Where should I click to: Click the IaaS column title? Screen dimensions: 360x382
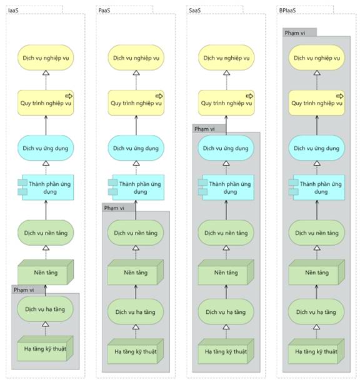click(x=13, y=11)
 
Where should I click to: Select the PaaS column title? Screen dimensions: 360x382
click(x=104, y=11)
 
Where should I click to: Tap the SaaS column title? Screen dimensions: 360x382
click(x=194, y=11)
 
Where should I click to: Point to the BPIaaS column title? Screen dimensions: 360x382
click(x=287, y=11)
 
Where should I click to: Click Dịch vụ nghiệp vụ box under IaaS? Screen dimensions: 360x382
click(x=46, y=58)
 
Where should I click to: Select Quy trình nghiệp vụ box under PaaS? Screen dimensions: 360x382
click(x=136, y=103)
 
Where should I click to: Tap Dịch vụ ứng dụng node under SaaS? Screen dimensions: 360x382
click(x=226, y=148)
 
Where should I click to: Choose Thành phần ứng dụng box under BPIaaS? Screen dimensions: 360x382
click(x=317, y=188)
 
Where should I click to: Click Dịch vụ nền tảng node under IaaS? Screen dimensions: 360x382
click(x=46, y=233)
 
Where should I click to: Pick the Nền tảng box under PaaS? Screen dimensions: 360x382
click(x=136, y=272)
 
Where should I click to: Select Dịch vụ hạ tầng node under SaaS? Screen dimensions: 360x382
click(x=226, y=312)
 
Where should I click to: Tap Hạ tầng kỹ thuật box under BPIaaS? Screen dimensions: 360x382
click(x=316, y=351)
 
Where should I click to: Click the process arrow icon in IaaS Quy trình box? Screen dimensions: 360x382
click(x=69, y=96)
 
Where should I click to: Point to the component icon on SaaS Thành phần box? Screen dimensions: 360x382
click(x=202, y=187)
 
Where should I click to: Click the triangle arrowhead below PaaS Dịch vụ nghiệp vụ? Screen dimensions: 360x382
click(x=136, y=73)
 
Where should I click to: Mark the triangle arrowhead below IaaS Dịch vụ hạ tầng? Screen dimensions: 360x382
click(x=45, y=324)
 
